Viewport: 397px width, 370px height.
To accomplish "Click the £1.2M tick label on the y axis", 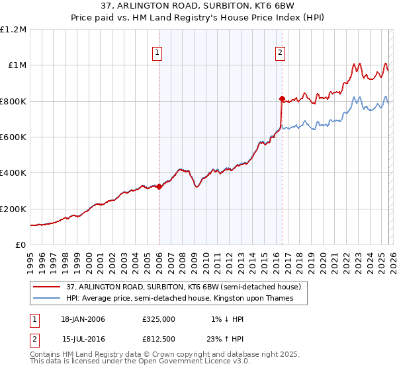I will point(13,29).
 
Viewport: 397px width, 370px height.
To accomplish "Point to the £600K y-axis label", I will point(13,137).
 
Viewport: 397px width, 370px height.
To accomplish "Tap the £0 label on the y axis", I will point(20,244).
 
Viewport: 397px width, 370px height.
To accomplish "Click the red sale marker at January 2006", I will point(159,186).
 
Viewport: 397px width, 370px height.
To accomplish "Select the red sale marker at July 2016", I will point(282,99).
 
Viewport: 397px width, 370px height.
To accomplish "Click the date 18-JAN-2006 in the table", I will point(83,319).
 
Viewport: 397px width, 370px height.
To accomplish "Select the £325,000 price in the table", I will point(158,319).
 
